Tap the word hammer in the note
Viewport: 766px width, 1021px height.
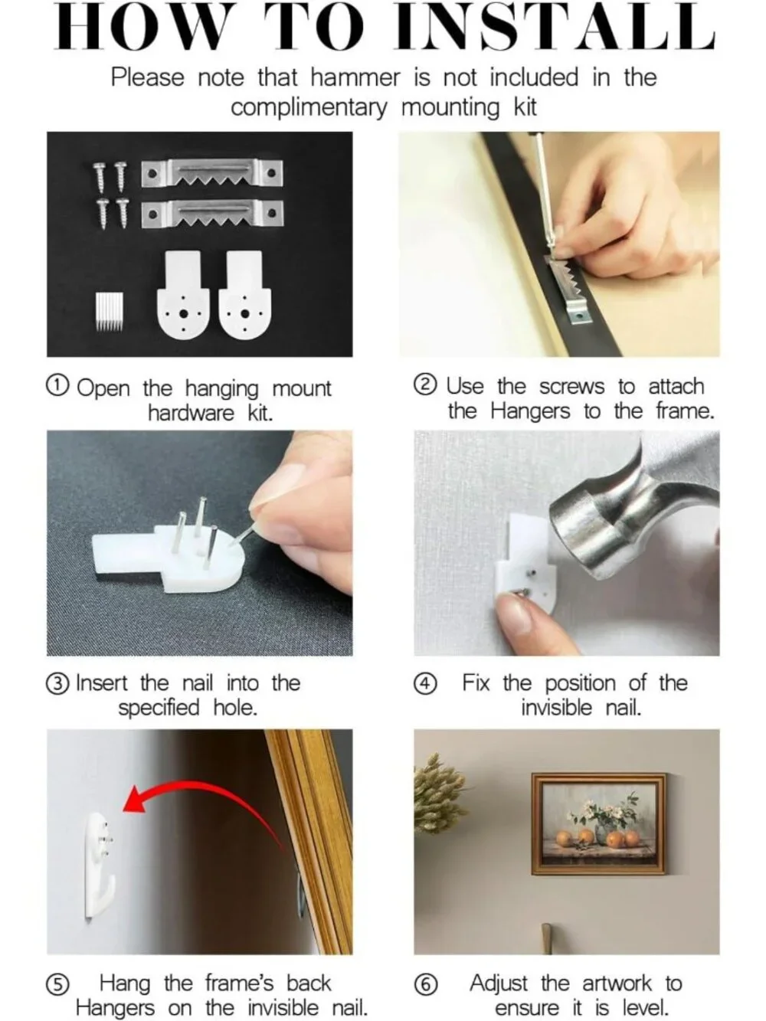click(x=355, y=77)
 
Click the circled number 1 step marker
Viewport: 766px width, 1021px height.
click(x=57, y=385)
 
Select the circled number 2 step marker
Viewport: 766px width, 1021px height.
click(x=425, y=385)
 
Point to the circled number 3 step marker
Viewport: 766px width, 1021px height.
click(x=57, y=684)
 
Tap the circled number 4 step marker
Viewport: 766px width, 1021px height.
click(x=425, y=684)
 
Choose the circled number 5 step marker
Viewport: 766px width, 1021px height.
click(x=57, y=984)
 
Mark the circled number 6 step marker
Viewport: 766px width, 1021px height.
click(x=425, y=984)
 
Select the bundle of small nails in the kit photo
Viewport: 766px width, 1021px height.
click(x=110, y=311)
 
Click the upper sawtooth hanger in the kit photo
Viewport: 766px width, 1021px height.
click(x=212, y=173)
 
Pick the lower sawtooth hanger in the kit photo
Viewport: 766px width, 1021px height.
click(x=212, y=214)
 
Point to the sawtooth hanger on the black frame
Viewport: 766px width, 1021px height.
click(x=570, y=289)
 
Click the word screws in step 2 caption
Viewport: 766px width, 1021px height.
click(x=572, y=386)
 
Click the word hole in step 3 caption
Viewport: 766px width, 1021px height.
click(x=235, y=708)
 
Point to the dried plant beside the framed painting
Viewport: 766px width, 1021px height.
click(x=440, y=795)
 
